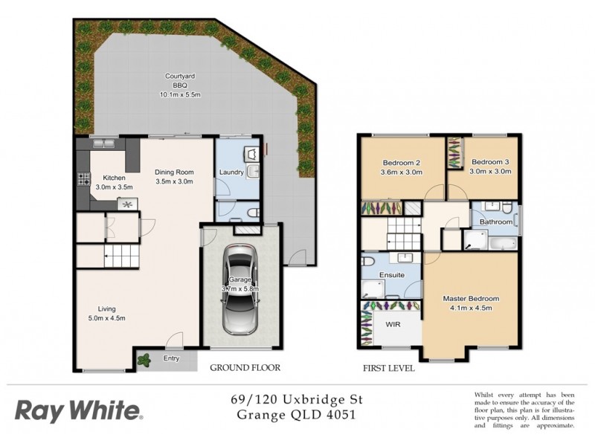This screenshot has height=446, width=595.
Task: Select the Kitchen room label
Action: [114, 178]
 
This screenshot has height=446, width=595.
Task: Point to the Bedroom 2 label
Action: [402, 163]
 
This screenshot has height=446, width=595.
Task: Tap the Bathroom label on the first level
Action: [495, 222]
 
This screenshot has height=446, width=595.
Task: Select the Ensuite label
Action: [392, 274]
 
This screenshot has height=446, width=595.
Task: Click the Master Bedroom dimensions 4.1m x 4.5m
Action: [471, 308]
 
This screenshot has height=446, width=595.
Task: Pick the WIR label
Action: [393, 325]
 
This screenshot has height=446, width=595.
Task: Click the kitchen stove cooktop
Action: [83, 178]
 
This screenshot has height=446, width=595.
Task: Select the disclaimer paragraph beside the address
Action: [524, 410]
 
